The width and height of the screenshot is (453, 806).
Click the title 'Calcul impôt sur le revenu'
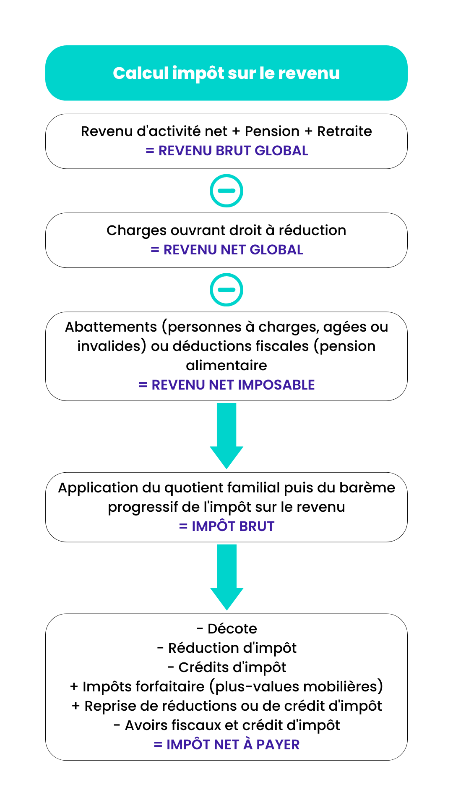pos(226,73)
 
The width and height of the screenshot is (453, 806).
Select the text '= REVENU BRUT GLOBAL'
pos(226,151)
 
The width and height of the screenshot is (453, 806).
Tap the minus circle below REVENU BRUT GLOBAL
pos(226,191)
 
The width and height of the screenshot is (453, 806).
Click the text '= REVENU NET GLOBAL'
pos(226,250)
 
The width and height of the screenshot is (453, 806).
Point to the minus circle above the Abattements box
pos(226,290)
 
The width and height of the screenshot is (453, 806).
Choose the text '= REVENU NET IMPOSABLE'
pos(226,385)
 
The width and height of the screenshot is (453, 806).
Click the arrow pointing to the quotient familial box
pos(226,436)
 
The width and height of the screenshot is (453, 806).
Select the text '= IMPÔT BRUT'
pos(226,526)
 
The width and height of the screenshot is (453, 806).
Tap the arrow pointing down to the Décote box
pos(226,577)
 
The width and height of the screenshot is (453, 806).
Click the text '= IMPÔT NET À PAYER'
pos(226,745)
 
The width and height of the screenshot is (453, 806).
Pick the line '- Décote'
pos(226,629)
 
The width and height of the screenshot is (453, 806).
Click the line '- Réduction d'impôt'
pos(226,648)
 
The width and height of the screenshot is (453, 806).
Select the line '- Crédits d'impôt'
pos(226,667)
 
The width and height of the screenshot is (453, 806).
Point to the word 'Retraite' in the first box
pos(344,131)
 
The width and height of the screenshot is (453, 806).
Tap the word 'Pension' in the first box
pos(272,131)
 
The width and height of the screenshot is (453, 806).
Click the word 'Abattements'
pos(111,327)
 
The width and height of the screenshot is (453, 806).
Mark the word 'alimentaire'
pos(226,366)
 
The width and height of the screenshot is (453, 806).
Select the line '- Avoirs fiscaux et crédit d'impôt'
pos(226,725)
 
